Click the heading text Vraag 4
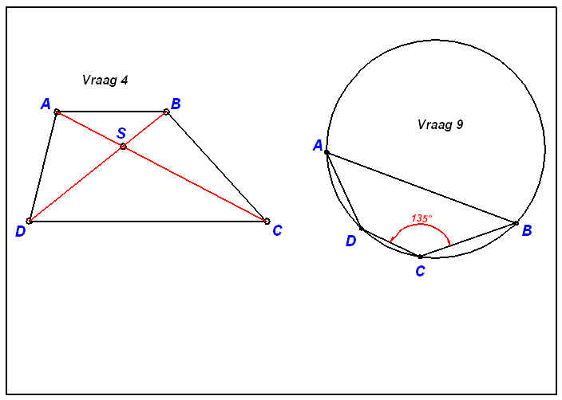(x=105, y=80)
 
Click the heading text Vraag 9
(x=440, y=124)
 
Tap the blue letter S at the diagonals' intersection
(x=121, y=133)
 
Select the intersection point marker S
(x=123, y=147)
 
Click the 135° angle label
(x=421, y=218)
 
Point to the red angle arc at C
(x=420, y=225)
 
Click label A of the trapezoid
(x=46, y=104)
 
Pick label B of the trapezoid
(x=176, y=104)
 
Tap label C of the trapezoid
(x=277, y=231)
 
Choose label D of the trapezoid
(x=21, y=232)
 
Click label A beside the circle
(x=318, y=146)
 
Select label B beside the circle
(x=527, y=230)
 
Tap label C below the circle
(x=420, y=271)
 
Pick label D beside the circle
(x=351, y=241)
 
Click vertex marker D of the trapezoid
(x=30, y=221)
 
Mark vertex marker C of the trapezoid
(x=267, y=221)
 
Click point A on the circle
(x=327, y=152)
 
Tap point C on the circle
(x=420, y=257)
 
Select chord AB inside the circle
(x=421, y=188)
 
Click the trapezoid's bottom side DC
(x=148, y=222)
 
